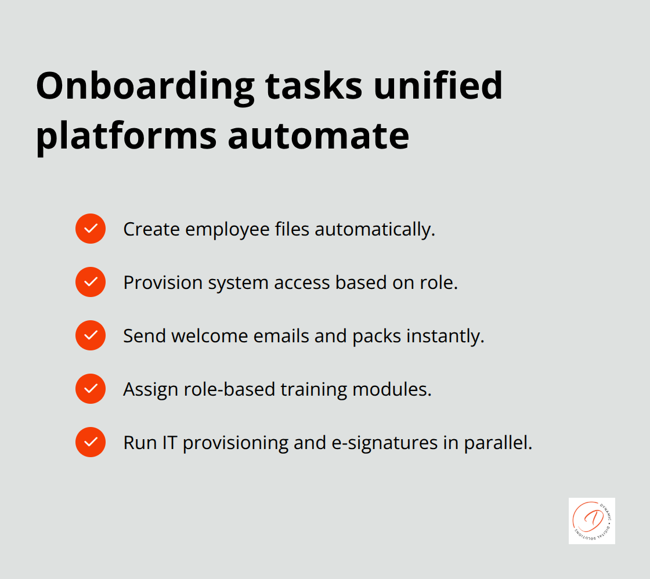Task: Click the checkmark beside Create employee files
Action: pyautogui.click(x=91, y=229)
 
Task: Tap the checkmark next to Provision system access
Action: pyautogui.click(x=91, y=282)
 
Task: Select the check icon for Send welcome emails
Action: pyautogui.click(x=91, y=335)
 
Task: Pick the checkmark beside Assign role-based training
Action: pyautogui.click(x=91, y=389)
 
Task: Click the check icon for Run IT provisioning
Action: pyautogui.click(x=91, y=442)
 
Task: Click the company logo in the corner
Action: pyautogui.click(x=591, y=520)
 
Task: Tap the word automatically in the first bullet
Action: pyautogui.click(x=374, y=229)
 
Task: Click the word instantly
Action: pyautogui.click(x=447, y=336)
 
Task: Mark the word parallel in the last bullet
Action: pyautogui.click(x=497, y=443)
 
